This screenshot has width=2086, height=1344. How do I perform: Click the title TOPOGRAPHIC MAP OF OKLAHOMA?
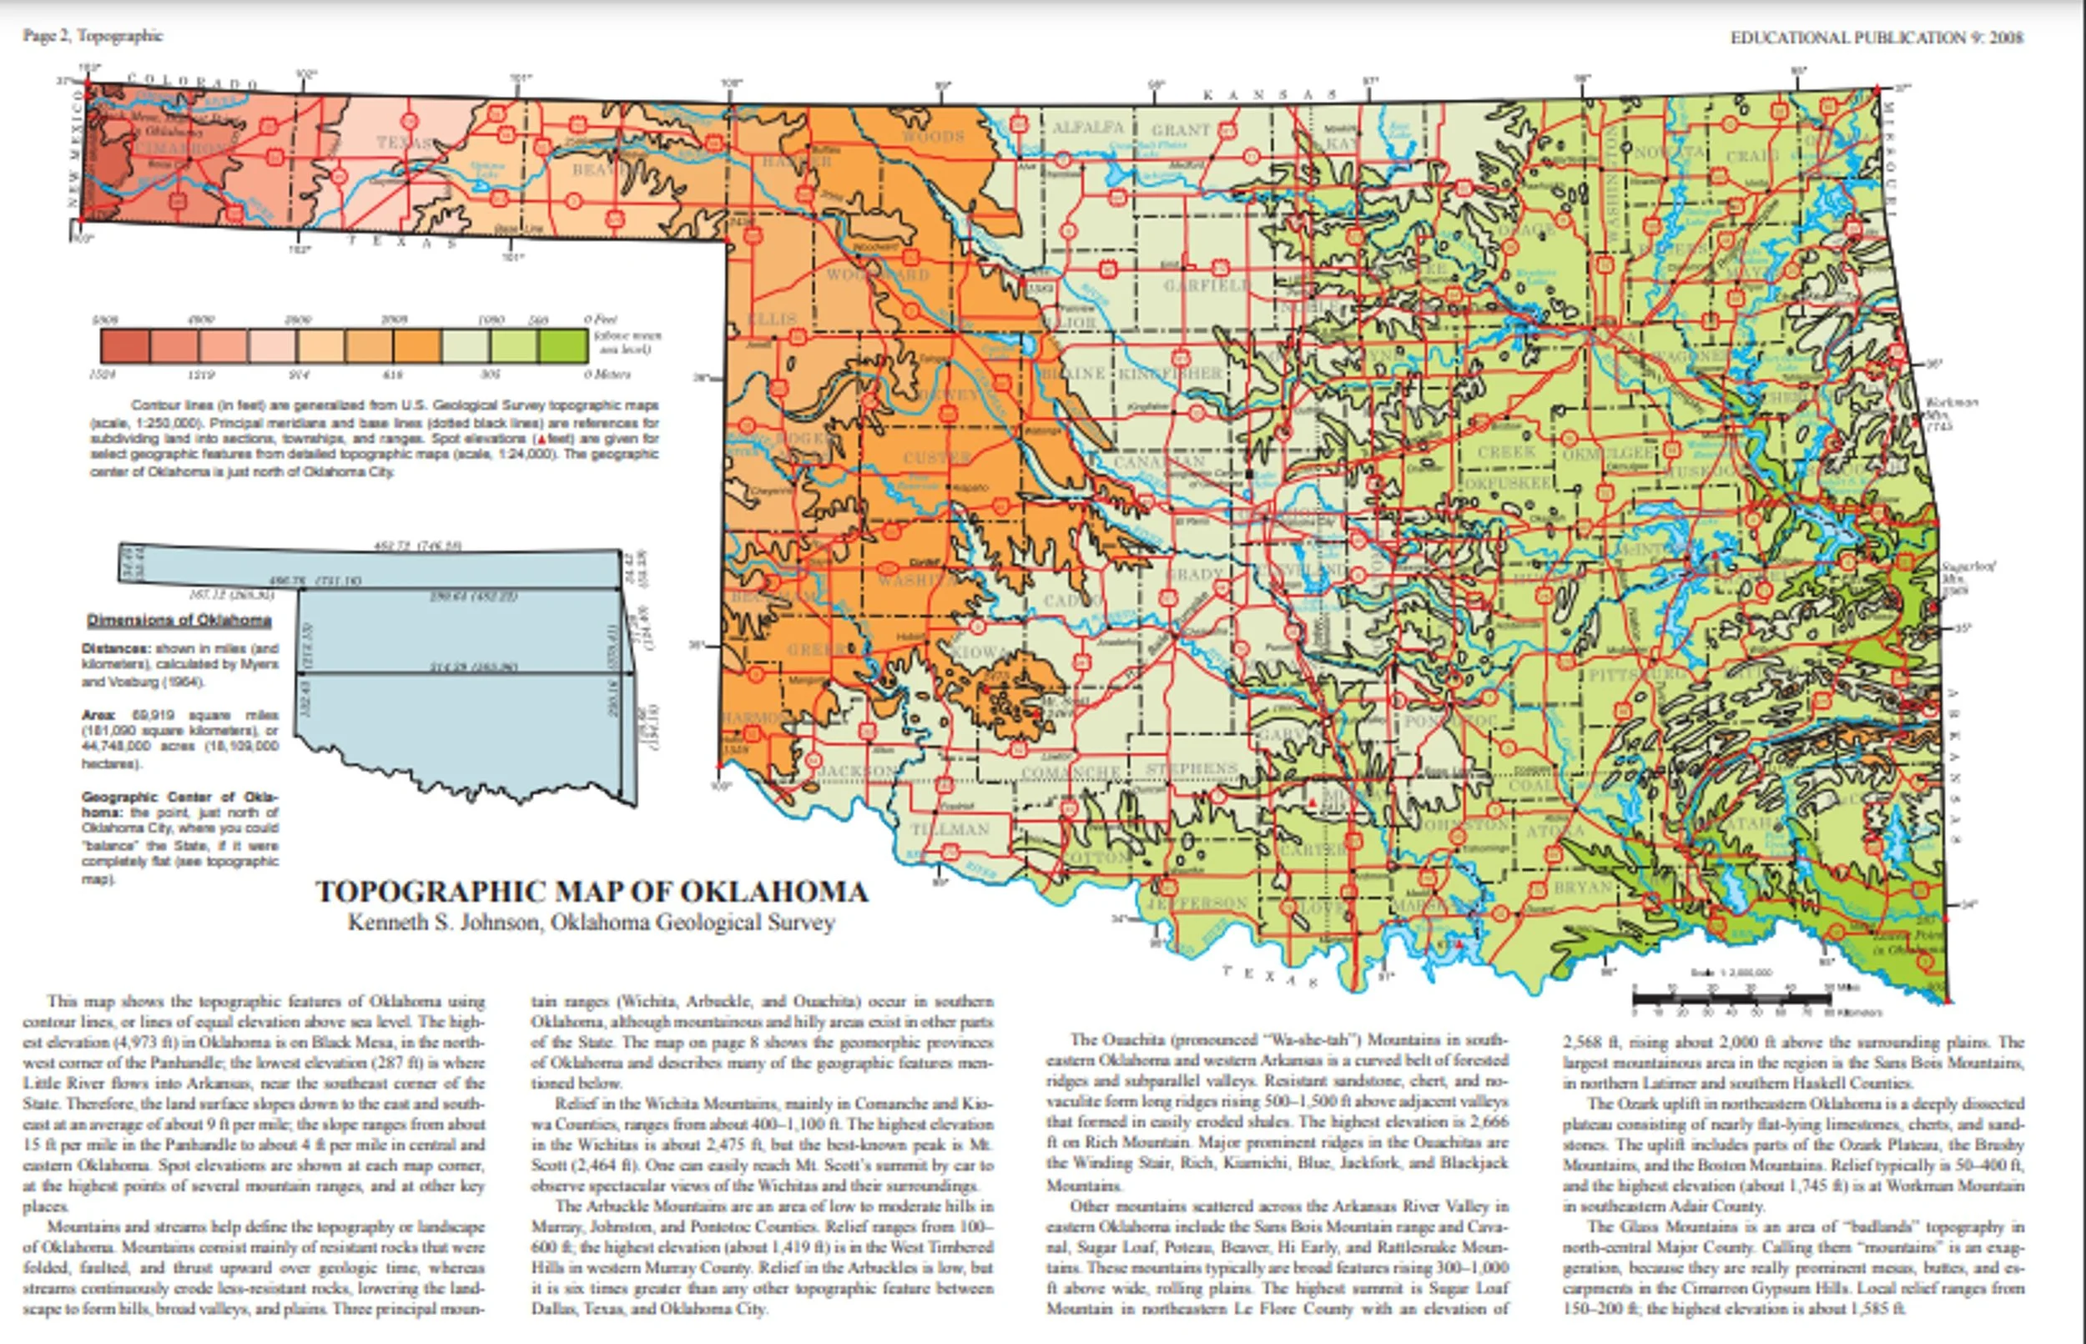click(x=592, y=891)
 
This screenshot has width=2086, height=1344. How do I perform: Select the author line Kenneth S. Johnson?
click(x=592, y=923)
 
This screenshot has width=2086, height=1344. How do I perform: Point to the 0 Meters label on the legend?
click(x=607, y=375)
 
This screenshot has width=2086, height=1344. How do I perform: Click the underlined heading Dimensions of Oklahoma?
click(x=179, y=621)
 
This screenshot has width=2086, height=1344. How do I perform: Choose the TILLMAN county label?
click(x=950, y=829)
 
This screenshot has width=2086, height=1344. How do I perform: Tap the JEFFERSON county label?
click(x=1197, y=903)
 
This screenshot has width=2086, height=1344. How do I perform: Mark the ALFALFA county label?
click(x=1087, y=128)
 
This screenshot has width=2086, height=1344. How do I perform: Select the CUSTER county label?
click(x=936, y=456)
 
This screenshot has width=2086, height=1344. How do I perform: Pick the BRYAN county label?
click(x=1582, y=888)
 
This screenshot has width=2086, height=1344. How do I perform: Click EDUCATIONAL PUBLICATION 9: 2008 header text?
click(x=1877, y=38)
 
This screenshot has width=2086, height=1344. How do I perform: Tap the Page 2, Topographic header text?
click(x=93, y=36)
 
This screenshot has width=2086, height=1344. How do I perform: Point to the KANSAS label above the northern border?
click(x=1270, y=94)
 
